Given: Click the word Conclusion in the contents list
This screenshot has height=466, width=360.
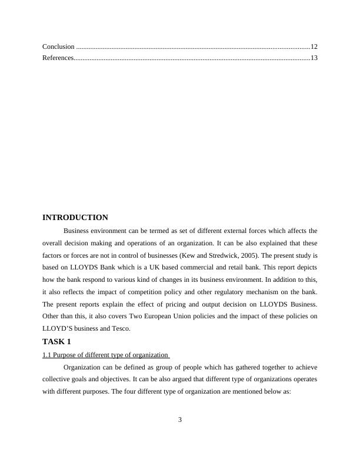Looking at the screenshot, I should [x=58, y=46].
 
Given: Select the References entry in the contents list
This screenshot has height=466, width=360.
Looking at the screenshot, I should [x=58, y=58].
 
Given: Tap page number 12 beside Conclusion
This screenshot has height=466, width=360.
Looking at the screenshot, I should [x=314, y=46].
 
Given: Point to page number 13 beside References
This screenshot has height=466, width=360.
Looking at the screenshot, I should [x=314, y=58].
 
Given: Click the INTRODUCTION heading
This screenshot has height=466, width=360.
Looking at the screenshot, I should [x=75, y=218].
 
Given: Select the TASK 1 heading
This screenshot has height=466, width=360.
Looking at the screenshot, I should [x=57, y=341].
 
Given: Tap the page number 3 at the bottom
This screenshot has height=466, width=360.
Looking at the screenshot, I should [x=180, y=420].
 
